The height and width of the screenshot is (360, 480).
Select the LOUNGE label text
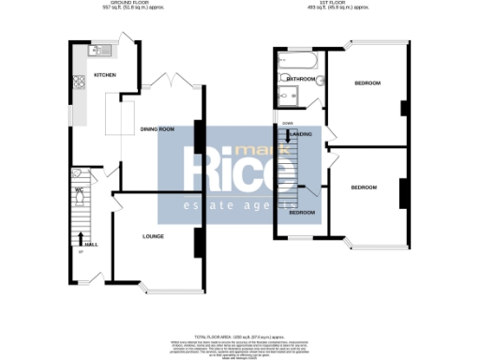[x=154, y=236]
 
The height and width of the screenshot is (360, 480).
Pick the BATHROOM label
[x=301, y=79]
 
